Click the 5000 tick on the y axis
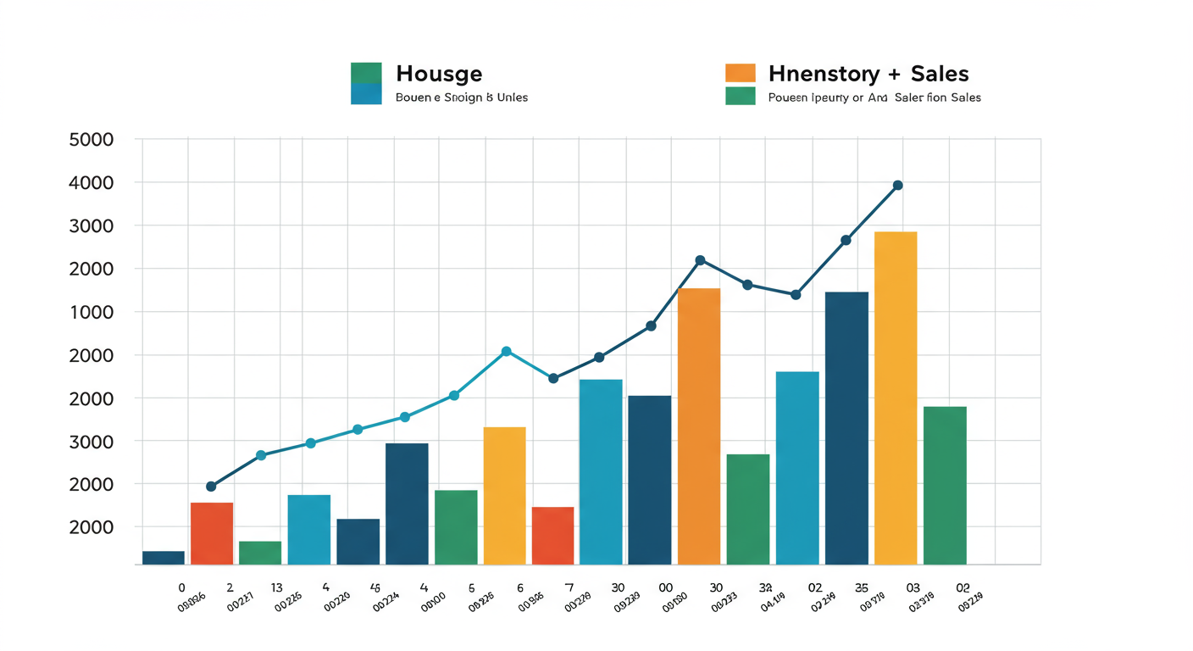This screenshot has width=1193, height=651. [x=91, y=139]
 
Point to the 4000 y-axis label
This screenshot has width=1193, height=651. [x=91, y=182]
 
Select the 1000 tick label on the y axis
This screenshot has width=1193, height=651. [x=91, y=312]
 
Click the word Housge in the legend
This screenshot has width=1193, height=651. [x=439, y=74]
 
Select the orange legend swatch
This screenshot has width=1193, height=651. [x=740, y=72]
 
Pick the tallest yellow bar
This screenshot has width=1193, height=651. [x=896, y=398]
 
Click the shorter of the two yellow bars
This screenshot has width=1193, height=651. [x=504, y=495]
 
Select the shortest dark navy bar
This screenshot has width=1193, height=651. [x=164, y=558]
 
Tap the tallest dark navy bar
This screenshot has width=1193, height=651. [x=846, y=428]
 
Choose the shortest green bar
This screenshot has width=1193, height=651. [x=260, y=553]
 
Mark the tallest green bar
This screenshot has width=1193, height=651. [x=945, y=485]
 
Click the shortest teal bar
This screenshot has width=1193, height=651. [x=309, y=529]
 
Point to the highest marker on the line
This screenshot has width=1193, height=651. [x=898, y=185]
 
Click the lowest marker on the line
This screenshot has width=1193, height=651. [x=211, y=487]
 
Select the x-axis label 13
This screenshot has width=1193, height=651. [x=276, y=587]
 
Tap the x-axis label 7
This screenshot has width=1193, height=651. [x=569, y=587]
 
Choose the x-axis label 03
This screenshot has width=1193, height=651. [x=913, y=587]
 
